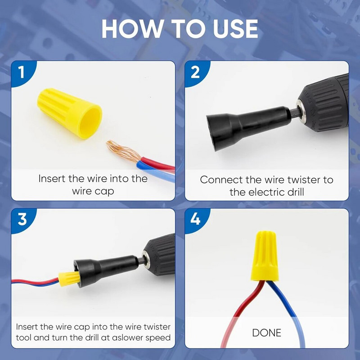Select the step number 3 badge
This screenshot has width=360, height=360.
tap(21, 220)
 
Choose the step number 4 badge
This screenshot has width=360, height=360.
tap(195, 220)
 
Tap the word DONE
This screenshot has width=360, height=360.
tap(266, 333)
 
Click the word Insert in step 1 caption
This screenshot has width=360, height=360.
tap(52, 179)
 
